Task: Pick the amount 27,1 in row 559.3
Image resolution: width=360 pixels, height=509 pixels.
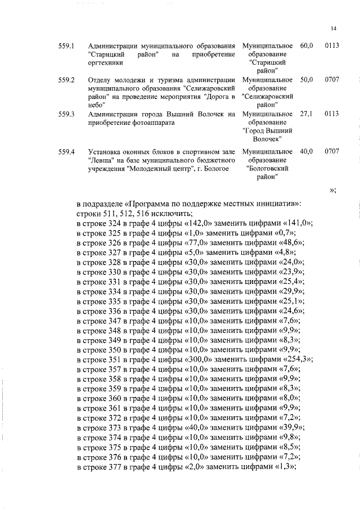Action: [x=306, y=114]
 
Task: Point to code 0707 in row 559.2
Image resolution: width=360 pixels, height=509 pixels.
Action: [x=332, y=80]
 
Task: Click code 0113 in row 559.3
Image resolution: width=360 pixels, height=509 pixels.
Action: [x=332, y=114]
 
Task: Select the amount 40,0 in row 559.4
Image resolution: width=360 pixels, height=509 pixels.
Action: [x=307, y=151]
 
